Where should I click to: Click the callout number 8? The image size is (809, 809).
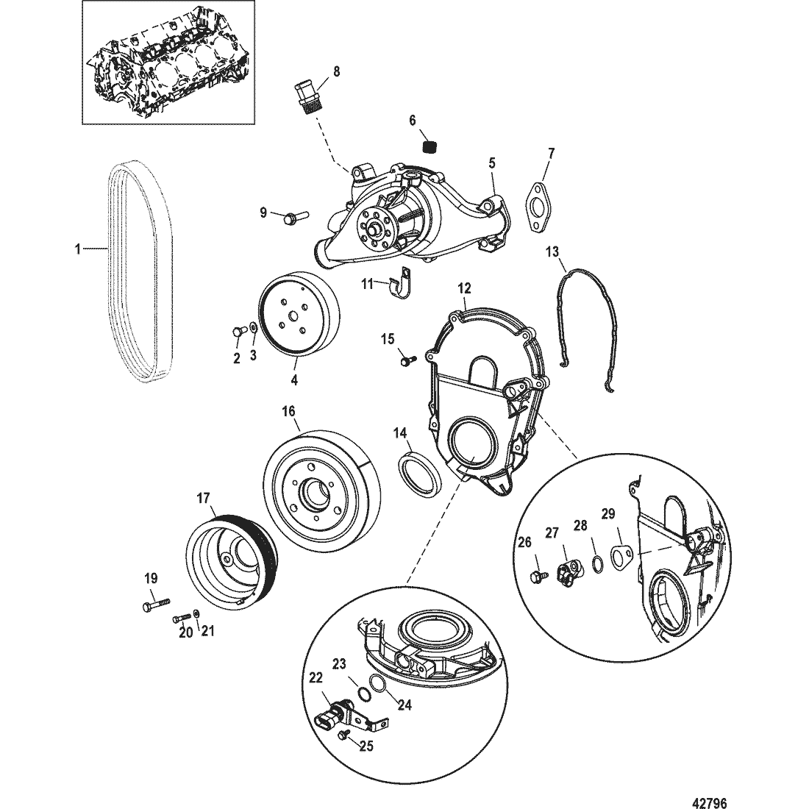point(336,71)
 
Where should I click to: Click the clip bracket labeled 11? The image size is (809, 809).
point(402,285)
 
